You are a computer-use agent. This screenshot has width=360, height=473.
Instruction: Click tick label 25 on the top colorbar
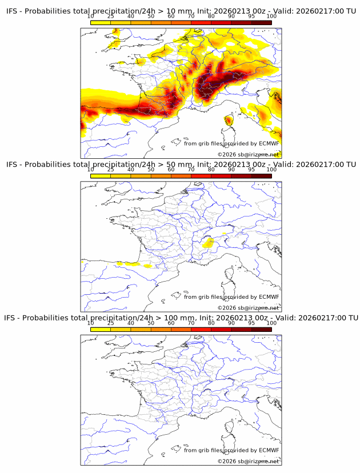111,16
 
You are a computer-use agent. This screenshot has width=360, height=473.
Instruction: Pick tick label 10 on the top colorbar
91,16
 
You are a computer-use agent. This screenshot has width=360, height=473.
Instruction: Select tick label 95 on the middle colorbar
251,169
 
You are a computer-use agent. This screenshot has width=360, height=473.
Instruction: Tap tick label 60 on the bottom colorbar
171,323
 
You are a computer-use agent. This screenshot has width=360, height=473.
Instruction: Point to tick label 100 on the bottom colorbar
271,323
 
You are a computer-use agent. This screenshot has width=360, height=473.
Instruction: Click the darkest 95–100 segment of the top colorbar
261,22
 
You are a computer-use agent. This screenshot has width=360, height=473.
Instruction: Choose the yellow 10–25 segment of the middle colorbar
101,175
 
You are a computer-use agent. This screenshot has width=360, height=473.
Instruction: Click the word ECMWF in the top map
269,143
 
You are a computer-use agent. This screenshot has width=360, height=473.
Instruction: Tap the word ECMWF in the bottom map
269,450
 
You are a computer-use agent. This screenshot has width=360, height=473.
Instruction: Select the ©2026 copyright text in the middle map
248,308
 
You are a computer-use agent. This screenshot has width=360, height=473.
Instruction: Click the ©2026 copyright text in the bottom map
248,461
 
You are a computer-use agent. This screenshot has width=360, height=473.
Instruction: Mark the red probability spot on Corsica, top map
229,120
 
